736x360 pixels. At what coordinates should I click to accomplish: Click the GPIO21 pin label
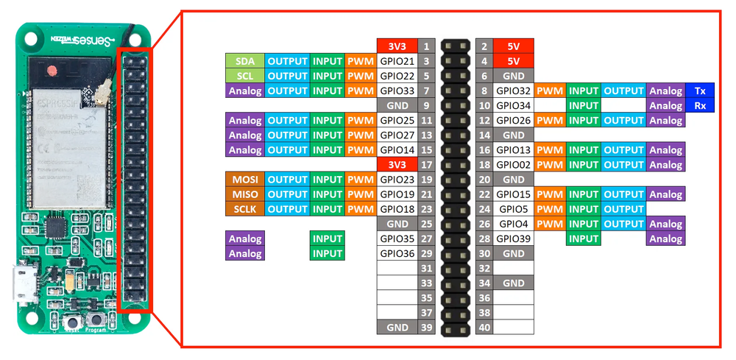click(x=397, y=61)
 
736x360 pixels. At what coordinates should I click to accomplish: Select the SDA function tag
click(x=245, y=61)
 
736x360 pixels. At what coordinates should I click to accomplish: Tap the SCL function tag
click(x=245, y=76)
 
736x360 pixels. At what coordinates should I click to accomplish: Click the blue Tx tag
click(x=698, y=91)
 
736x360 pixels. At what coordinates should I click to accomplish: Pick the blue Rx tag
click(x=698, y=105)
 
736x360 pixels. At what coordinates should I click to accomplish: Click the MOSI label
click(x=245, y=180)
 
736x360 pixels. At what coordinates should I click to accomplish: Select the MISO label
click(x=245, y=194)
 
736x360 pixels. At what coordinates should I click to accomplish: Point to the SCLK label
click(x=245, y=209)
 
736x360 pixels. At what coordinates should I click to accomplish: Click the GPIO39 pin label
click(x=513, y=239)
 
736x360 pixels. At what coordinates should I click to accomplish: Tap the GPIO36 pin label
click(x=397, y=253)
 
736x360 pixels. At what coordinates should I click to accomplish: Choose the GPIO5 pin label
click(x=513, y=209)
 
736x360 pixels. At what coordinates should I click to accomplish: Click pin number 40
click(x=484, y=328)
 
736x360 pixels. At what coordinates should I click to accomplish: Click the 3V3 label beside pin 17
click(x=397, y=165)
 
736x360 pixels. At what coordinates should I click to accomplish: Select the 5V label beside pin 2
click(x=513, y=46)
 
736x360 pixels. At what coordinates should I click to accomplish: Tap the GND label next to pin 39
click(x=397, y=328)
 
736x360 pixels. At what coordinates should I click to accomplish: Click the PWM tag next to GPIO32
click(x=549, y=91)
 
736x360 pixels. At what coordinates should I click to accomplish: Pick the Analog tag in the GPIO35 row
click(x=245, y=239)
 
